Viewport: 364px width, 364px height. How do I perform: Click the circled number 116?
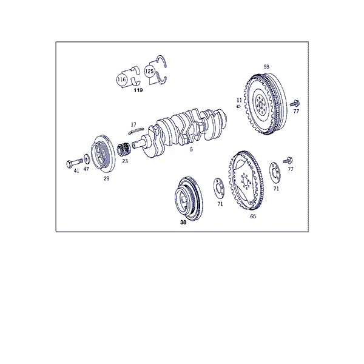(121, 79)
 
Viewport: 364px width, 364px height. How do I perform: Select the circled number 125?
(149, 71)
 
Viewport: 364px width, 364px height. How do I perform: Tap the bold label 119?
(138, 90)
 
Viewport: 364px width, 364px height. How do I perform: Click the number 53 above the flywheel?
(266, 67)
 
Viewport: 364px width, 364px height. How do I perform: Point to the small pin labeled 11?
(238, 106)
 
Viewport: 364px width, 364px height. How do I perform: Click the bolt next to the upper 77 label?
(295, 103)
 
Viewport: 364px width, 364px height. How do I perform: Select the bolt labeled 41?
(75, 163)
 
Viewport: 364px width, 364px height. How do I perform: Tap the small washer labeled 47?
(87, 159)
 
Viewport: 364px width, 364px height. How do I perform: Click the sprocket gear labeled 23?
(124, 149)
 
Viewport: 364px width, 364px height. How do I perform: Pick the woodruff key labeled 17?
(136, 131)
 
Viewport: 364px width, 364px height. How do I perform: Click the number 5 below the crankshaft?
(191, 149)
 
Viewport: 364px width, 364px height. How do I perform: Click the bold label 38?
(183, 222)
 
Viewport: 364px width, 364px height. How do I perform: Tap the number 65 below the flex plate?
(253, 216)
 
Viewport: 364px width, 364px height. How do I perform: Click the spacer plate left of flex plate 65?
(219, 188)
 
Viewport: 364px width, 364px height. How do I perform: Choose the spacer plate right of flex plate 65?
(275, 173)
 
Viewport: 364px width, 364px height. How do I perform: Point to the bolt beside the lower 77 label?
(288, 160)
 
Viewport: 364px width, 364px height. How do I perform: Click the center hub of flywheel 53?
(260, 104)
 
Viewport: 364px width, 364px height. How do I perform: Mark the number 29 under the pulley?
(106, 178)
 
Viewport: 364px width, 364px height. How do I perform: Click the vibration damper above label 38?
(189, 200)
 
